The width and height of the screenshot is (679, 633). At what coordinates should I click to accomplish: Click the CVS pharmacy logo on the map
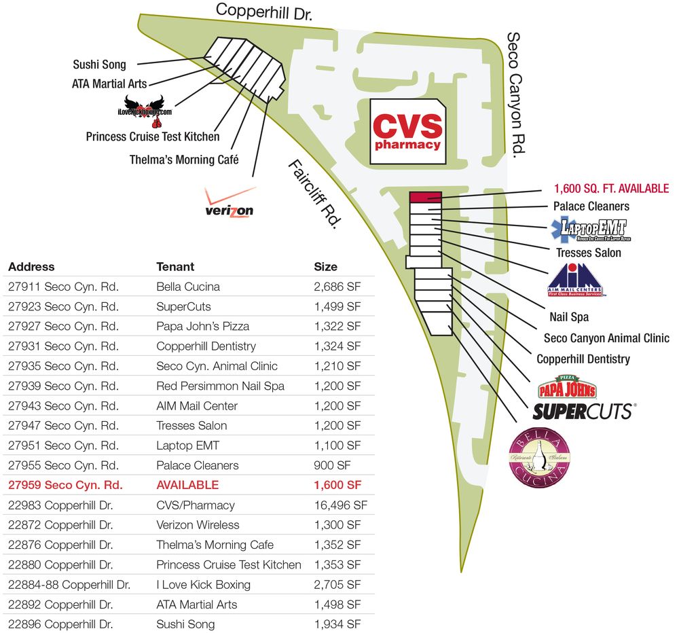pos(407,132)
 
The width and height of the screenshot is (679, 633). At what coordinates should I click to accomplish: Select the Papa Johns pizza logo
pos(567,388)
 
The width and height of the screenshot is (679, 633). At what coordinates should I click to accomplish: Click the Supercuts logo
pos(583,411)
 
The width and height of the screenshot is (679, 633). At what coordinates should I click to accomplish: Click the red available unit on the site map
pos(426,197)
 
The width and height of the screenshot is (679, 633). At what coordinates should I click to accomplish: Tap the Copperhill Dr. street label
pos(264,12)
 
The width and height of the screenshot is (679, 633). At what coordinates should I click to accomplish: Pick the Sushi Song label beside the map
pos(99,65)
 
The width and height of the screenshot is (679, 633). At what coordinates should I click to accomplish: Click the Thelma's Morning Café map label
pos(185,160)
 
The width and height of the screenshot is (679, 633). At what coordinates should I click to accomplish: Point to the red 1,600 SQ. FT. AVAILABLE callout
pos(611,189)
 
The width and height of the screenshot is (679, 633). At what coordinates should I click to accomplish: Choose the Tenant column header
pos(175,267)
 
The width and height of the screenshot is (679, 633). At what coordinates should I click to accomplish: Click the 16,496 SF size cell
pos(340,505)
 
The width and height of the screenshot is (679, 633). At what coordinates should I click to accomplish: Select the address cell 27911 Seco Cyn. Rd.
pos(63,287)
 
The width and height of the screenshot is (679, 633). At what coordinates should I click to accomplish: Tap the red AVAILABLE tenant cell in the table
pos(187,485)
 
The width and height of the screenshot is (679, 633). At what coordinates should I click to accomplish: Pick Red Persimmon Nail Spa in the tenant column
pos(220,386)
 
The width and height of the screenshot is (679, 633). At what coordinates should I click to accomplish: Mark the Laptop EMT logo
pos(590,228)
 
